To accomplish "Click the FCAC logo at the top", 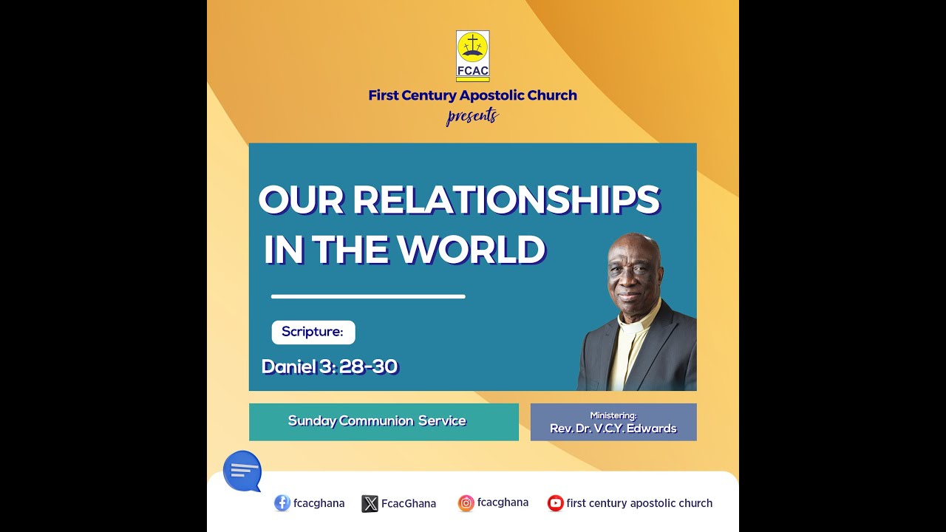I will [x=473, y=55].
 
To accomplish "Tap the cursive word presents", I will [x=472, y=116].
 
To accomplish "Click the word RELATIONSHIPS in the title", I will [x=506, y=199].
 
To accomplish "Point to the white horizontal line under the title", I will [x=368, y=296].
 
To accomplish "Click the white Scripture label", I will [x=313, y=332].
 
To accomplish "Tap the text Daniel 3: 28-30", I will [x=330, y=366].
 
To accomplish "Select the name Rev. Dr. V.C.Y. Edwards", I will [x=613, y=429].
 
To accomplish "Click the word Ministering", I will [x=613, y=415].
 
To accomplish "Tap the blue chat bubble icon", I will [x=242, y=471].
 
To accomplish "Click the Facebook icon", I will [x=282, y=503].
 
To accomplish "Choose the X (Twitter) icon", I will [x=370, y=504].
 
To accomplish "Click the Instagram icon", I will [x=466, y=503].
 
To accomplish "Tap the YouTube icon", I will [x=555, y=503].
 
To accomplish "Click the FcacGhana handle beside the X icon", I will [x=409, y=504].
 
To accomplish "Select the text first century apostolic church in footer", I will [x=639, y=503].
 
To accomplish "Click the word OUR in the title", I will [x=301, y=199].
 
